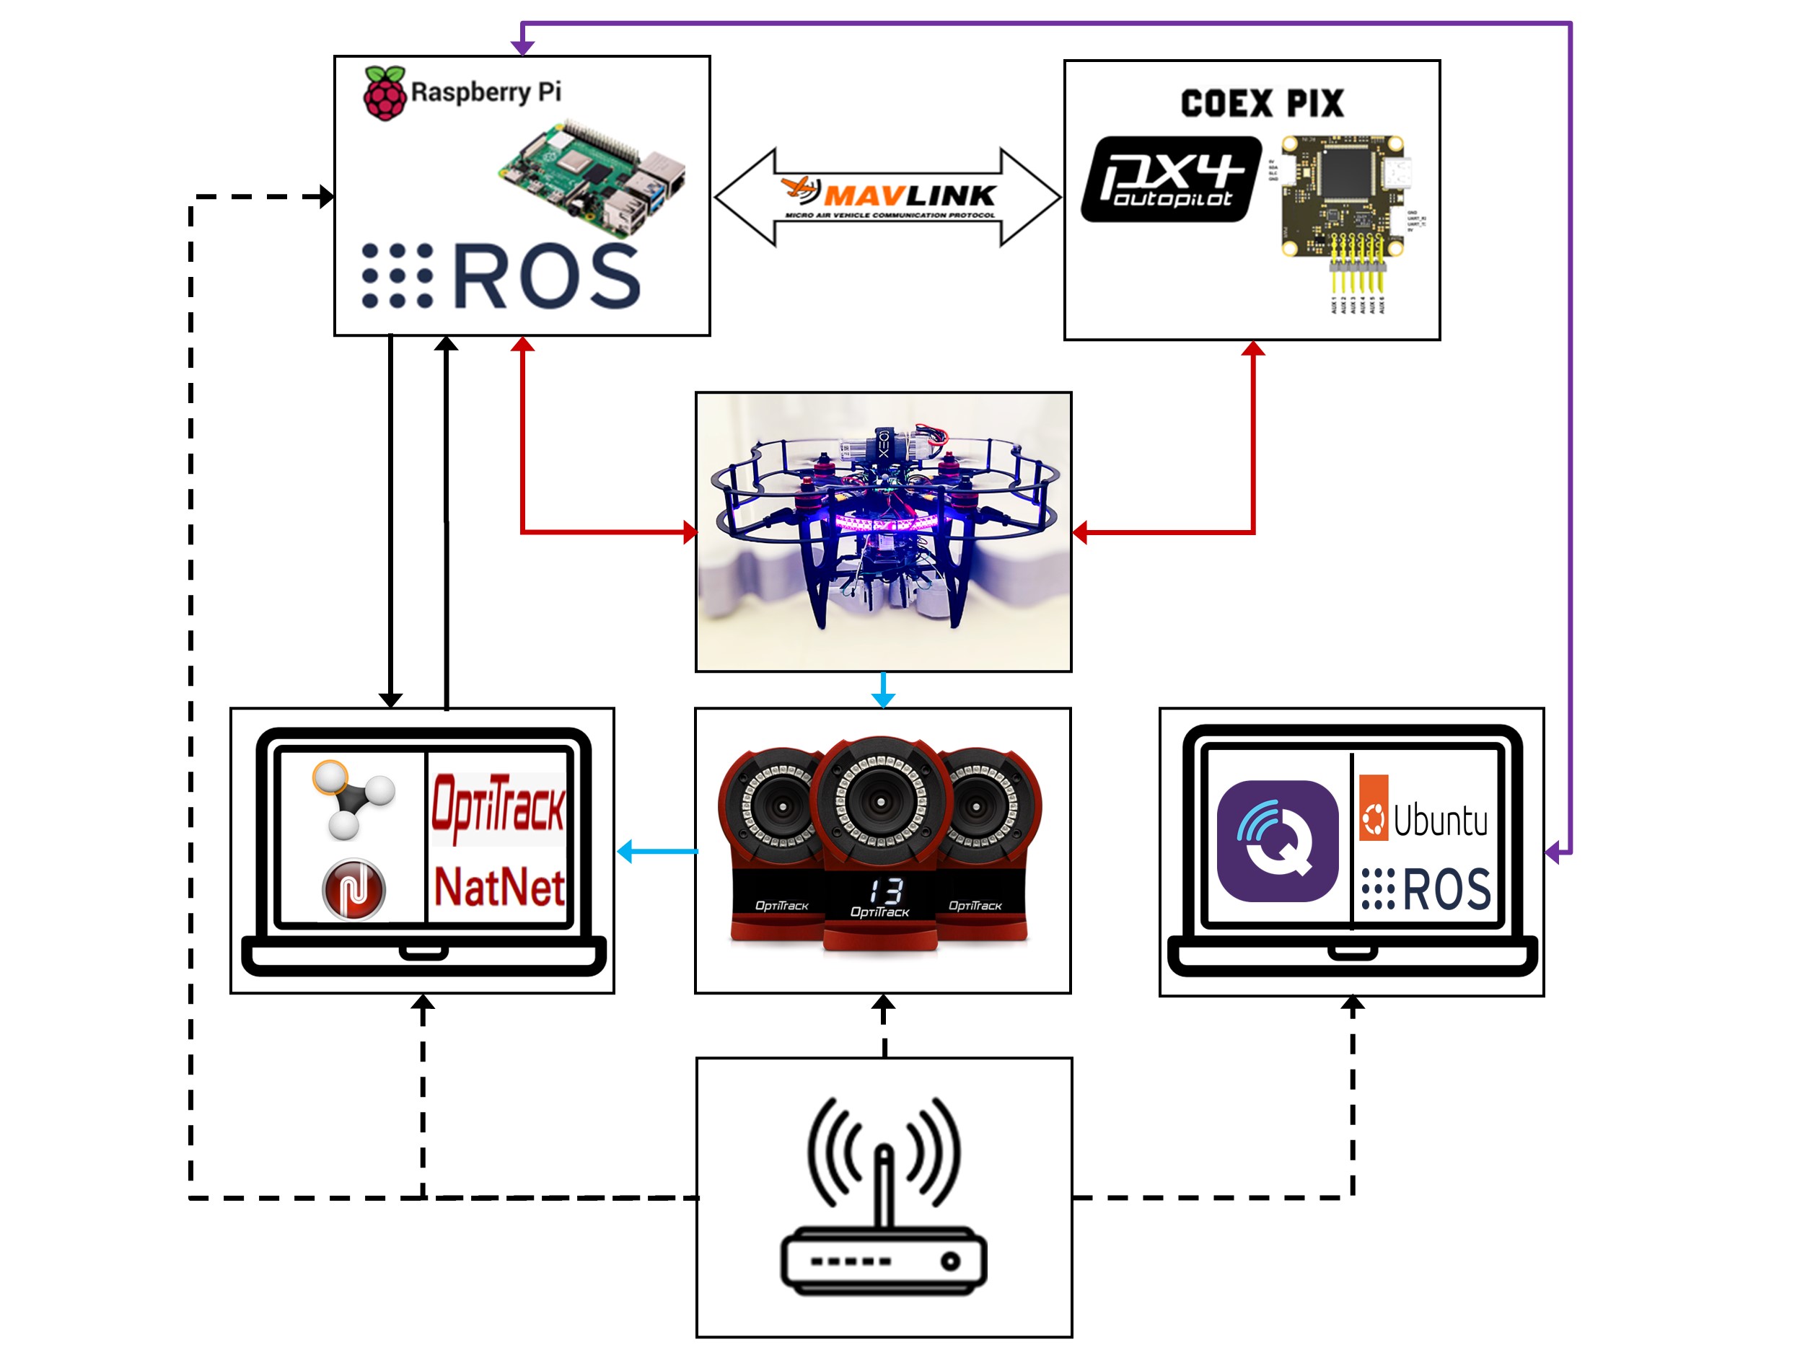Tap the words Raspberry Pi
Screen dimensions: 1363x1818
click(x=486, y=91)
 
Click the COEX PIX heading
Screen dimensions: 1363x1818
click(x=1262, y=104)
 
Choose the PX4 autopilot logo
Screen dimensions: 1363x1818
click(x=1171, y=179)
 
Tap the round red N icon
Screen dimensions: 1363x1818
click(x=354, y=889)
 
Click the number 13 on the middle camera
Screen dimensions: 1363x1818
click(x=885, y=890)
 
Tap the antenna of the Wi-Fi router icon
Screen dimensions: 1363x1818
click(x=884, y=1183)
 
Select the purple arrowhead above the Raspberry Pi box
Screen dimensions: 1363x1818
click(x=523, y=48)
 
